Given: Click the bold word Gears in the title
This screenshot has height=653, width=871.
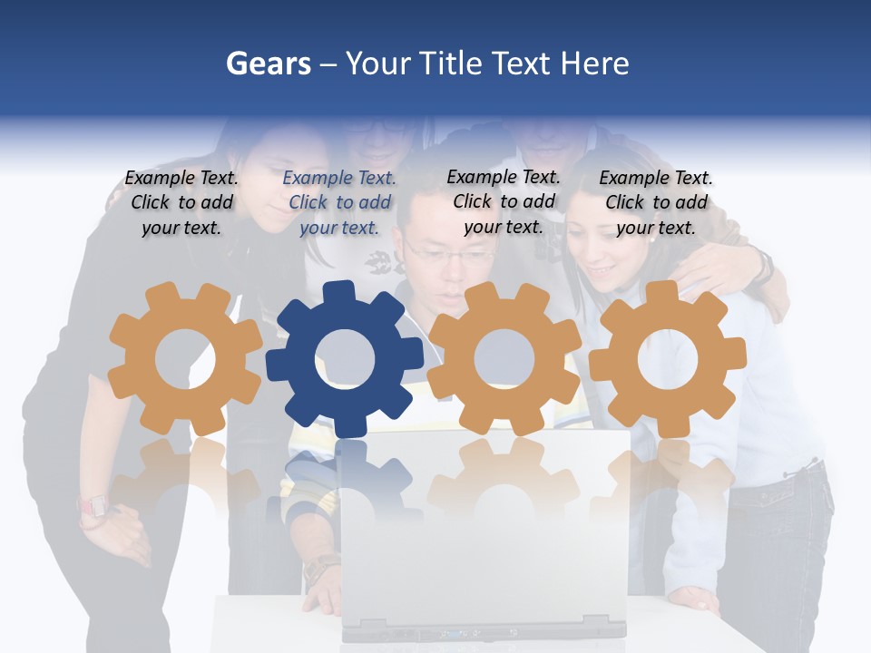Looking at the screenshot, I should pos(268,63).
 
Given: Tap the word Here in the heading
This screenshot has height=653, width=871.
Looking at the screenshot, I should pos(594,63).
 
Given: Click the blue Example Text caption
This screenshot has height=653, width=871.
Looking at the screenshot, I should pos(340,203).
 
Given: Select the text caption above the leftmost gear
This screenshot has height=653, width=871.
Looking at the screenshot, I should pos(181,203).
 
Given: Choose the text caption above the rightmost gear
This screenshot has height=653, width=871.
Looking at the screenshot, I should pos(656,203).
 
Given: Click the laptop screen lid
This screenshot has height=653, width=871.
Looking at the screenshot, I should pos(485,526).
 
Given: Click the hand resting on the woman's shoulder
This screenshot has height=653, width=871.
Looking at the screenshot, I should pos(726,268).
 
